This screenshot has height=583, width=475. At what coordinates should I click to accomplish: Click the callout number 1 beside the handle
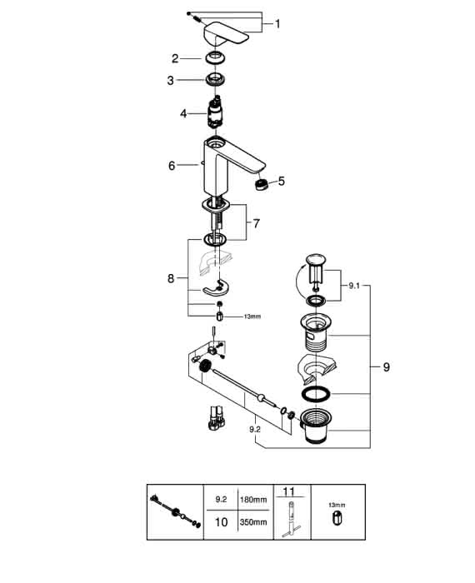[x=277, y=24]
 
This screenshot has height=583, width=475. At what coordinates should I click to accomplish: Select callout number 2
[x=175, y=58]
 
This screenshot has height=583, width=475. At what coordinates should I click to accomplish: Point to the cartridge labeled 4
[x=215, y=112]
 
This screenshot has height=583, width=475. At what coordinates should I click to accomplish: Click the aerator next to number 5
[x=262, y=184]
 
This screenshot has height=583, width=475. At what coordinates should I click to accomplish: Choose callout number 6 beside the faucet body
[x=172, y=166]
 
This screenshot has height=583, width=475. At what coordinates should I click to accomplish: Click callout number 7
[x=257, y=223]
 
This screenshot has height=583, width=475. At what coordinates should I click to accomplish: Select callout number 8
[x=171, y=278]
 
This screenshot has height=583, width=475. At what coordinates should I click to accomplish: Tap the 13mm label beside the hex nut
[x=252, y=316]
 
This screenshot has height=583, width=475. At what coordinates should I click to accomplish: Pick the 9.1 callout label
[x=354, y=286]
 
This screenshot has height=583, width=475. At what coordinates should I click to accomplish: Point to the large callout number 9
[x=387, y=367]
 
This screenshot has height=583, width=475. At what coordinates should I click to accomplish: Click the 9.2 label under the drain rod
[x=255, y=430]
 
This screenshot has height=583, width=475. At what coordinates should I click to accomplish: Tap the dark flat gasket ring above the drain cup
[x=315, y=394]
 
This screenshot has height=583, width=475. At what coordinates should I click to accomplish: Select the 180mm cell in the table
[x=253, y=500]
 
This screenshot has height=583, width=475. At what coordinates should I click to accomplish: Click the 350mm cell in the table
[x=253, y=522]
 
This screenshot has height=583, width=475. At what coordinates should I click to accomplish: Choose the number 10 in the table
[x=221, y=522]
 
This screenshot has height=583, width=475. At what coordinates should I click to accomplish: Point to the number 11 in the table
[x=288, y=491]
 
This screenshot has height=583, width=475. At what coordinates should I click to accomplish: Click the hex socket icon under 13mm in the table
[x=337, y=518]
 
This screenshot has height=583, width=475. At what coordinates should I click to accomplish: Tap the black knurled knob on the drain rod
[x=204, y=366]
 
